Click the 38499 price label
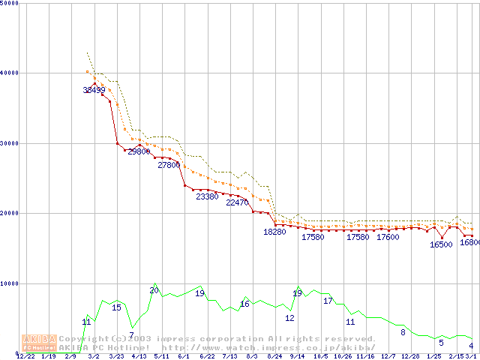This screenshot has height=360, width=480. click(94, 90)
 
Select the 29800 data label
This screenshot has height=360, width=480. click(139, 151)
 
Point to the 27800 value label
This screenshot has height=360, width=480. click(169, 165)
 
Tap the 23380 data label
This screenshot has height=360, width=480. click(207, 196)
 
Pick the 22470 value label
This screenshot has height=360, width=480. click(237, 202)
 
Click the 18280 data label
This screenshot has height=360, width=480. click(274, 232)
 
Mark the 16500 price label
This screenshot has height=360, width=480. click(441, 244)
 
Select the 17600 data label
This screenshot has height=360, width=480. click(388, 237)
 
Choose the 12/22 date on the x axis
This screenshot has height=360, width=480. click(25, 356)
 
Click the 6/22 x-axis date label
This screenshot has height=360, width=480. click(207, 356)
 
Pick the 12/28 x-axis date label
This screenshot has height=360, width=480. click(410, 356)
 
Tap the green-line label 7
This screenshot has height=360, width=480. click(131, 335)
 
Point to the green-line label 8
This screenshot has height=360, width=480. click(403, 332)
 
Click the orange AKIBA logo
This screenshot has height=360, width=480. click(39, 342)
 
